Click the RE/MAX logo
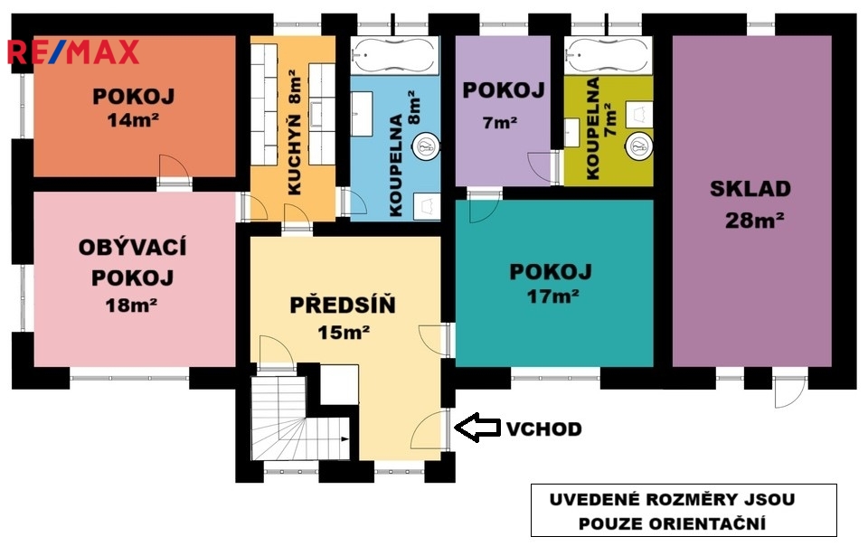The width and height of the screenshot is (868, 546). tap(73, 52)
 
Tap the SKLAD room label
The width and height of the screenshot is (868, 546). tap(750, 189)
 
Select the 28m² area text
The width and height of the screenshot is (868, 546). tap(754, 221)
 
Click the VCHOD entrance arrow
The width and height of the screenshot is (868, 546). tap(477, 428)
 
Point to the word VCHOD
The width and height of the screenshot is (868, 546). tap(543, 428)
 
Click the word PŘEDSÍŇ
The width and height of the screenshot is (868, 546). tap(343, 305)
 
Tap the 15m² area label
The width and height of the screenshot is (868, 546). tap(344, 332)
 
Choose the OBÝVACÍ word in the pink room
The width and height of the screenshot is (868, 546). tap(132, 247)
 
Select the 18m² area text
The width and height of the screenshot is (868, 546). tap(131, 305)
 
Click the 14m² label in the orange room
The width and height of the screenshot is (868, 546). tap(134, 119)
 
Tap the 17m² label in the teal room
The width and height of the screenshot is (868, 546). tap(552, 297)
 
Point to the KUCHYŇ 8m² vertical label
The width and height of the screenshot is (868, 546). tap(295, 133)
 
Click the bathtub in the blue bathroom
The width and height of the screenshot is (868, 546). tap(395, 55)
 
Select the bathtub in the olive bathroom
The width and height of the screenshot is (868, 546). tap(609, 55)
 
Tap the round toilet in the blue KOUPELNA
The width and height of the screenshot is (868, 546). tap(426, 146)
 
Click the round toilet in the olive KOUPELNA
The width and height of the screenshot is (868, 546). tap(639, 147)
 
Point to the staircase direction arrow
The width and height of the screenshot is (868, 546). tap(345, 439)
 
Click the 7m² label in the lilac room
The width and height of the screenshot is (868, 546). tap(500, 122)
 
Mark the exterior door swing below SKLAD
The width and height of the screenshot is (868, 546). tap(789, 391)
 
